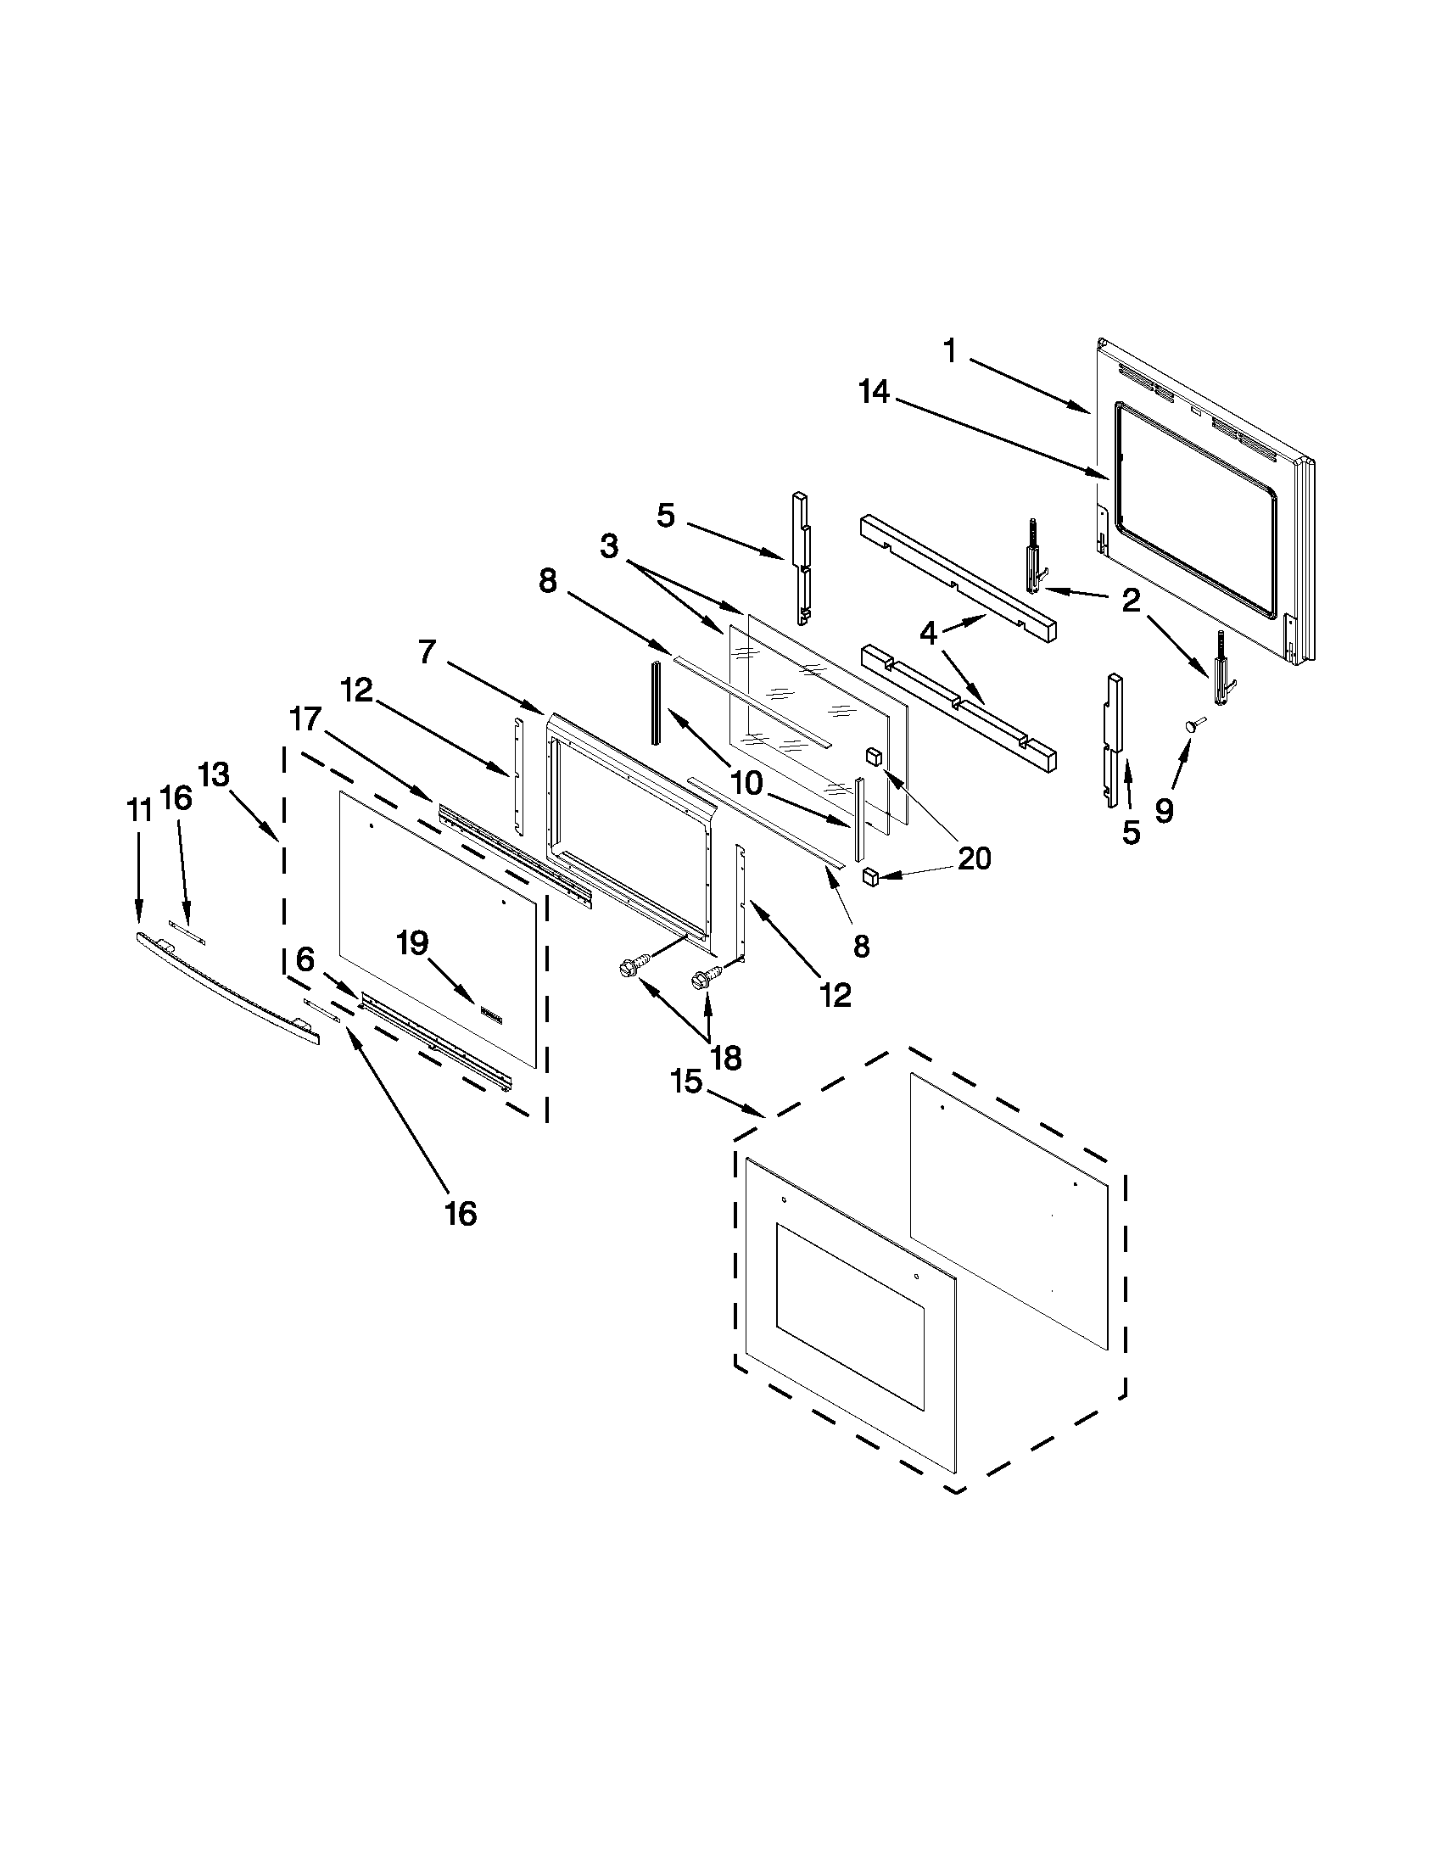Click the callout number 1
coord(949,350)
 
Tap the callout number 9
coord(1164,810)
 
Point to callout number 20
coord(974,858)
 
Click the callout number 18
coord(726,1059)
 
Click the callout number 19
coord(412,944)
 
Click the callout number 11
coord(139,809)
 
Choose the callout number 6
coord(305,959)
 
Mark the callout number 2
coord(1131,601)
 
